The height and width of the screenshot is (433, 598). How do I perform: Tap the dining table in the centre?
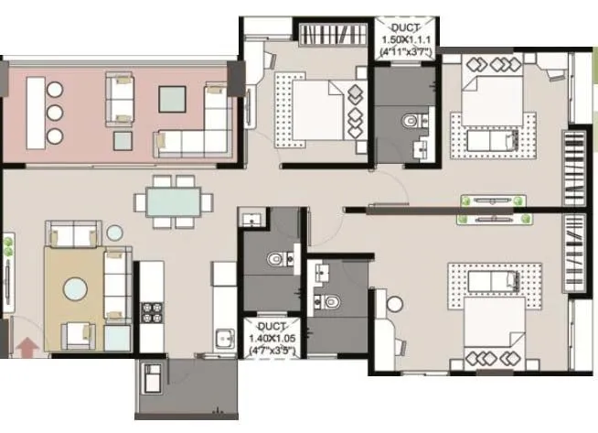tap(172, 200)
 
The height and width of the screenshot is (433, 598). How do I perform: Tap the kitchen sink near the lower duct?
tap(223, 340)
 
